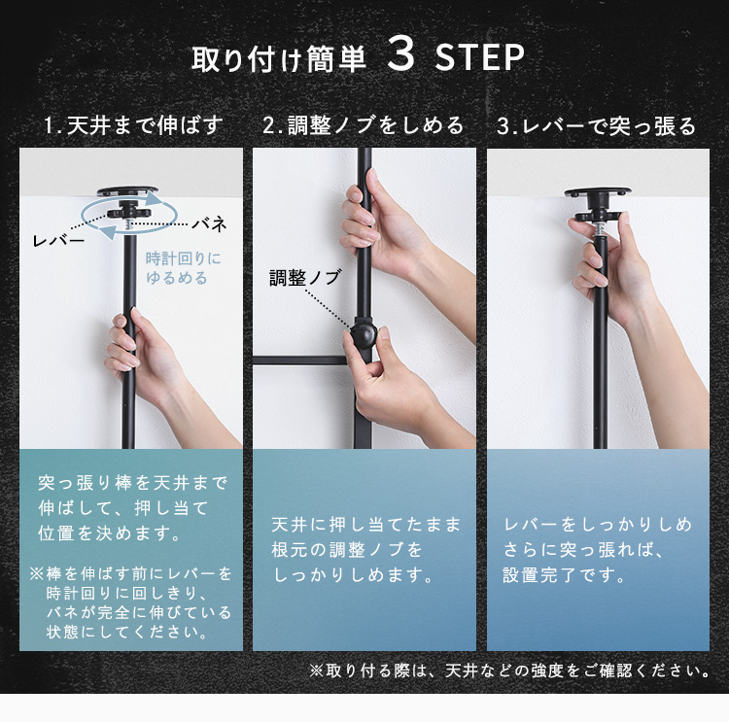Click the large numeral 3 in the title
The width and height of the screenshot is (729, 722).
click(400, 54)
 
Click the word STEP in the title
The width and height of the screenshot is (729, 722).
click(480, 57)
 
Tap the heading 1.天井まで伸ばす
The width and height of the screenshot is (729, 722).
click(134, 125)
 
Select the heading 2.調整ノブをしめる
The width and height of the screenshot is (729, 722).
click(364, 125)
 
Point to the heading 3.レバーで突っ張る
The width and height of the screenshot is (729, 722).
click(596, 126)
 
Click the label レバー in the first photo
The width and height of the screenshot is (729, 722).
click(58, 240)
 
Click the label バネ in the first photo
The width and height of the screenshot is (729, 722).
click(210, 224)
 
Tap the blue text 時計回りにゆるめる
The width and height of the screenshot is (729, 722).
click(183, 268)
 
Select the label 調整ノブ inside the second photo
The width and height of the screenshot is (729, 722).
click(305, 278)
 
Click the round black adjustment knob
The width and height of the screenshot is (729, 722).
click(364, 334)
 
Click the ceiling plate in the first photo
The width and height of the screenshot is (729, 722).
click(127, 191)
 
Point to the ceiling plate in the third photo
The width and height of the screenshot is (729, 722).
click(598, 192)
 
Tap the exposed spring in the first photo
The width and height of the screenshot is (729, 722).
click(129, 226)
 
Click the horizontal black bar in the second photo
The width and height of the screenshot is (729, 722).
click(301, 361)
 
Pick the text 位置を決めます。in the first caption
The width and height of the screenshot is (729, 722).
click(109, 533)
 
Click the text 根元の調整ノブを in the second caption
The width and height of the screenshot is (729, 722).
click(347, 550)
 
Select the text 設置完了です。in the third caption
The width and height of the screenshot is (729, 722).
click(564, 575)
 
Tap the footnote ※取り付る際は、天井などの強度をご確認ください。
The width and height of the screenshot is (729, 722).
click(510, 670)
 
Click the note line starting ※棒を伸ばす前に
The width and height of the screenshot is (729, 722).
click(130, 573)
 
